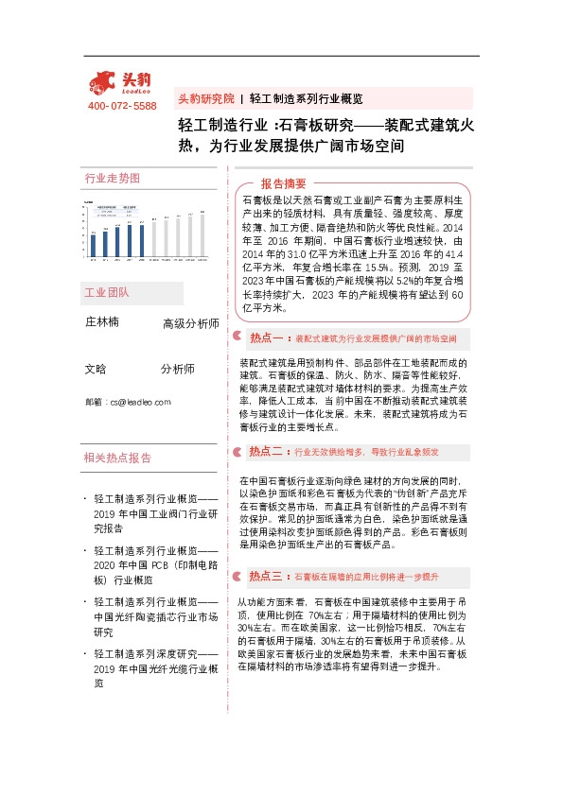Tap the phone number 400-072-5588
tap(121, 106)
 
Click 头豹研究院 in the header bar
tap(206, 98)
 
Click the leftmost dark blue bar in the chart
tap(93, 245)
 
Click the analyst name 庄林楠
tap(102, 322)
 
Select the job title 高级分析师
tap(190, 324)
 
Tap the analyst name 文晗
tap(96, 369)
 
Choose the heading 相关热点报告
tap(117, 459)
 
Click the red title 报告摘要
tap(284, 183)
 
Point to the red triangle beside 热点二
tap(238, 452)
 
